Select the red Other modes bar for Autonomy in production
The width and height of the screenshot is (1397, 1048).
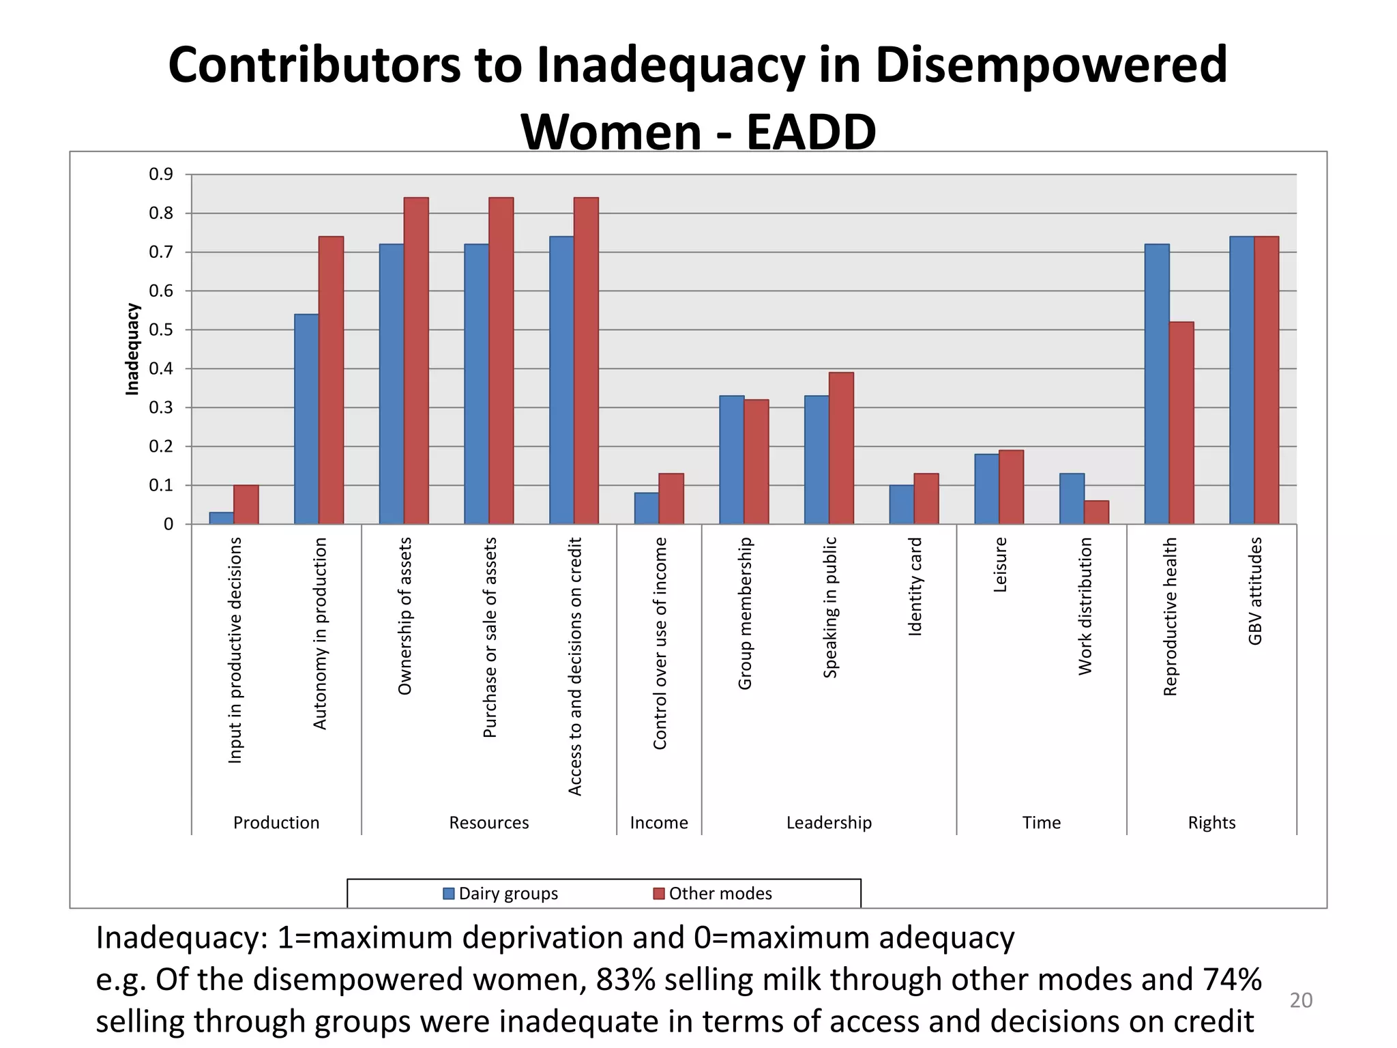tap(331, 380)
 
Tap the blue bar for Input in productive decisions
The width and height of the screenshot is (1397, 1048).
tap(221, 518)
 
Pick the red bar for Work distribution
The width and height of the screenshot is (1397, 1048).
tap(1096, 512)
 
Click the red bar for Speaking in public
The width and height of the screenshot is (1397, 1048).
tap(841, 448)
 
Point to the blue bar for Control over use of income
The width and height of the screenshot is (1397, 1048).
tap(646, 508)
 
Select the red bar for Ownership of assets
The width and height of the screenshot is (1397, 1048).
tap(416, 361)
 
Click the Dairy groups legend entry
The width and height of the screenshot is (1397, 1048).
tap(501, 894)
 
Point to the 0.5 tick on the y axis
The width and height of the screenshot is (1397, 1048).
tap(161, 330)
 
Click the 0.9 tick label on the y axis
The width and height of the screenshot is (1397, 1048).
tap(161, 175)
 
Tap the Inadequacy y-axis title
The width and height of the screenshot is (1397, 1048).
tap(132, 349)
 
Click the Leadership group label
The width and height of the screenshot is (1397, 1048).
tap(829, 823)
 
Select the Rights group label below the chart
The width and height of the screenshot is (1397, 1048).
tap(1211, 823)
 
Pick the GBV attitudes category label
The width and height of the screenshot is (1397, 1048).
tap(1255, 591)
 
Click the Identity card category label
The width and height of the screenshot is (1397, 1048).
tap(915, 587)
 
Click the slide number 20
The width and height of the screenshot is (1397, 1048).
tap(1301, 1001)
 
